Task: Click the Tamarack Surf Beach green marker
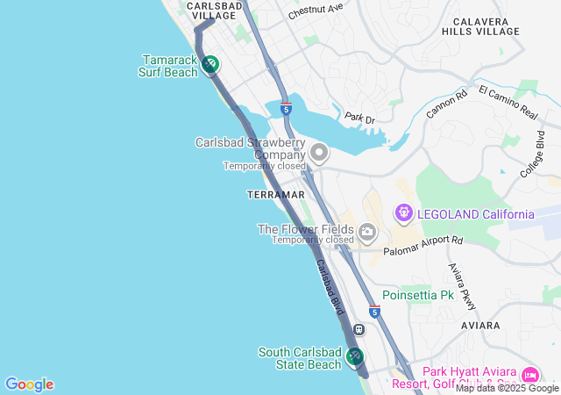(x=210, y=64)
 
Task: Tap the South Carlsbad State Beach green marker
(x=355, y=356)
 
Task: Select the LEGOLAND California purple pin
(x=403, y=212)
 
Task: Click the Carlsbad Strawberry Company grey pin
(x=319, y=154)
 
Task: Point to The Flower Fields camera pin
(x=367, y=233)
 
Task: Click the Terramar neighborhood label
(x=276, y=194)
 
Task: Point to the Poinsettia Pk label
(x=417, y=296)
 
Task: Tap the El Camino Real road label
(x=508, y=101)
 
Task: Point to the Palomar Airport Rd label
(x=423, y=245)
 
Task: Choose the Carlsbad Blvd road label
(x=330, y=287)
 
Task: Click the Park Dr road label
(x=359, y=117)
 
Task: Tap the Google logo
(x=29, y=384)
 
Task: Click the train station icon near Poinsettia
(x=359, y=329)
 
